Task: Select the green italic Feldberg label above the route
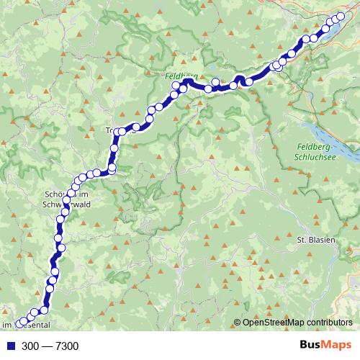click(x=176, y=74)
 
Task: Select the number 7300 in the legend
click(x=65, y=347)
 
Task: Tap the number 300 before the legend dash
click(x=31, y=347)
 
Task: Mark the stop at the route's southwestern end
click(x=19, y=324)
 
